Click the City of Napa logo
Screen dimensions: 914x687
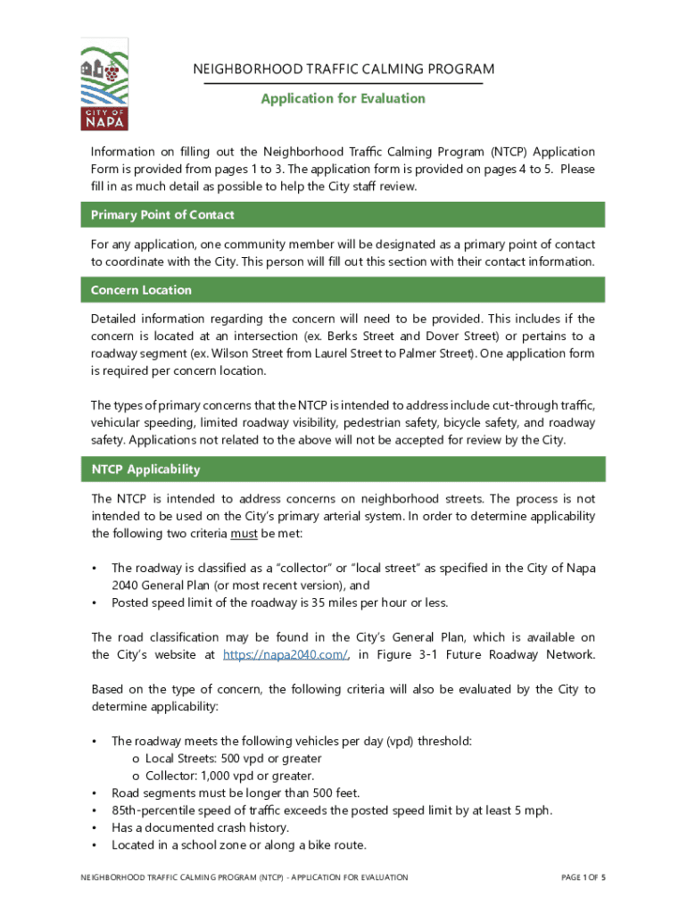(104, 84)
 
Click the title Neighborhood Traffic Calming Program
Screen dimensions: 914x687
(343, 70)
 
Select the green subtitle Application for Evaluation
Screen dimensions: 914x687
(343, 98)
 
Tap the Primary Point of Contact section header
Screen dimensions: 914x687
(162, 215)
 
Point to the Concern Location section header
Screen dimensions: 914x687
(141, 290)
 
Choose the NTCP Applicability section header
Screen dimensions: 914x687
(145, 469)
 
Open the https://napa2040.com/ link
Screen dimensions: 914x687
(285, 654)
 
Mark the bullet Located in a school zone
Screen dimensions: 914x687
(238, 845)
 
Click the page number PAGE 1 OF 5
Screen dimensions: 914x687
(584, 877)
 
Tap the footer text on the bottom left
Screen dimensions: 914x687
(244, 877)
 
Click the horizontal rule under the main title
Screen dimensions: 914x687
(343, 84)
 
